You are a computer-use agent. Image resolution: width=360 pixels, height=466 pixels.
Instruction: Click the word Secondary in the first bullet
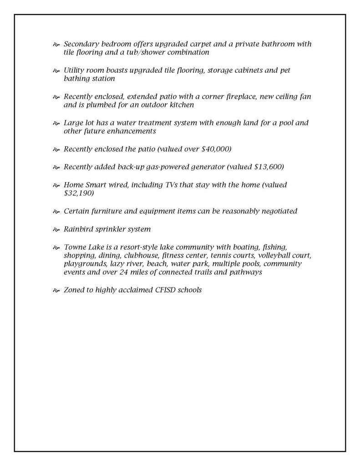coord(81,44)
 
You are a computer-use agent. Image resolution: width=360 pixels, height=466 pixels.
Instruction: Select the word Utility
coord(75,71)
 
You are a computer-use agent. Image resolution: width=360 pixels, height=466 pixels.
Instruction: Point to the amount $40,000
coord(216,149)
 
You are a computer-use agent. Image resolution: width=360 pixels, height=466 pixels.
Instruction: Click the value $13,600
coord(267,167)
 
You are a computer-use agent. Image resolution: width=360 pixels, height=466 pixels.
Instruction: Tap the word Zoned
coord(74,290)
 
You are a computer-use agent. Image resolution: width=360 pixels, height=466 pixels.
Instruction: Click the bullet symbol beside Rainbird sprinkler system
coord(56,229)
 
